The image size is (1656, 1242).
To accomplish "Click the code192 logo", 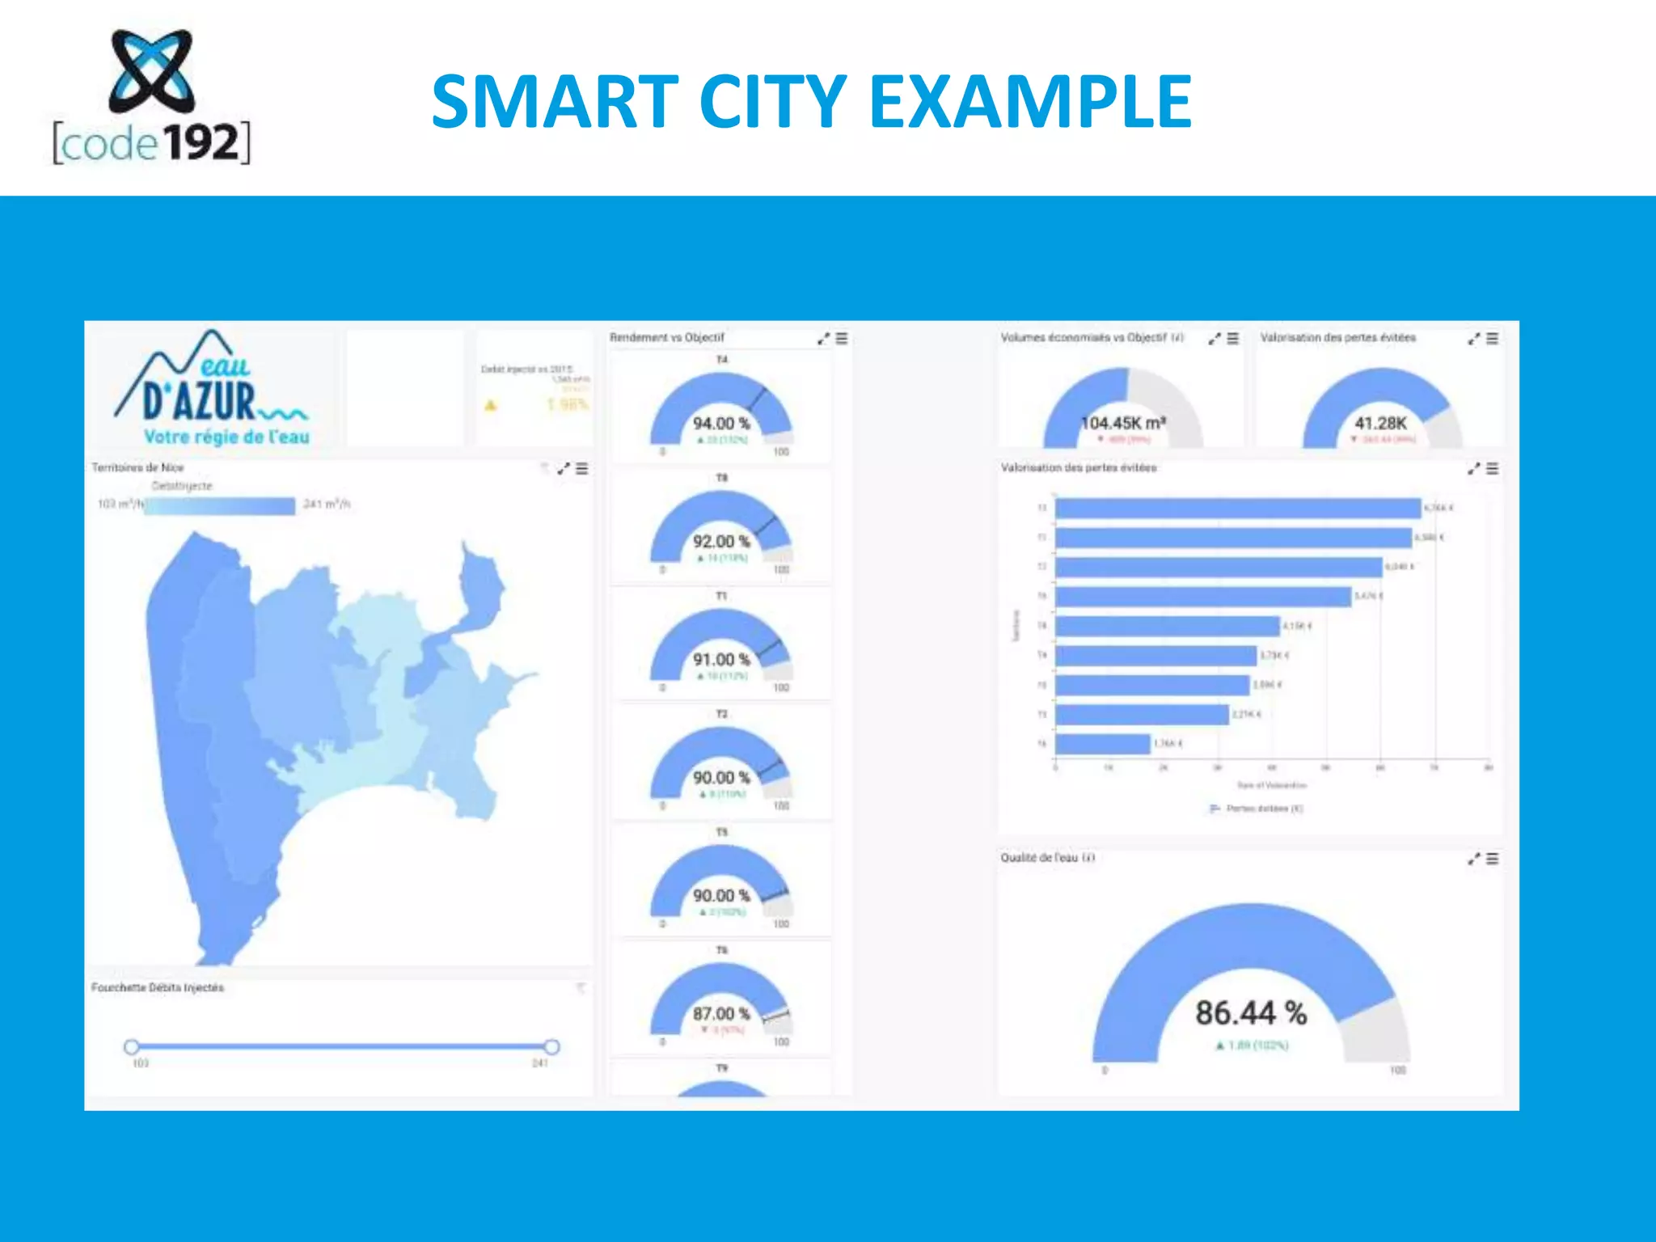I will click(x=151, y=97).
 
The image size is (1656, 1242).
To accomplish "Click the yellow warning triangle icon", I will click(x=490, y=404).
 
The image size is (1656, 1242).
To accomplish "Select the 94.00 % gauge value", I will click(x=721, y=423).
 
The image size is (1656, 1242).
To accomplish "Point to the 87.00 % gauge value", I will click(x=721, y=1013).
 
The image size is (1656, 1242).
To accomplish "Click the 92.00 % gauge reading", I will click(x=721, y=541).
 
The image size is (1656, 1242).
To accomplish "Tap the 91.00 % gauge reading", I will click(x=721, y=659).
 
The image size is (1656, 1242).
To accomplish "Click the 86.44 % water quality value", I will click(x=1250, y=1012).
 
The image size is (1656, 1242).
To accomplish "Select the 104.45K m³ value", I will click(x=1123, y=423).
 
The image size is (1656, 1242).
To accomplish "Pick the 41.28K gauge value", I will click(x=1380, y=423).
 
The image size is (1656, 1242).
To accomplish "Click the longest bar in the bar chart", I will click(x=1237, y=508).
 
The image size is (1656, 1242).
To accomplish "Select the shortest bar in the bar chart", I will click(x=1103, y=744).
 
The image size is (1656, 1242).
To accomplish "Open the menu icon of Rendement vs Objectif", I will click(x=842, y=338).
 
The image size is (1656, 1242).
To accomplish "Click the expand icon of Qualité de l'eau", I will click(x=1474, y=859).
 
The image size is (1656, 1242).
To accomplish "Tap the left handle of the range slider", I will click(x=132, y=1047).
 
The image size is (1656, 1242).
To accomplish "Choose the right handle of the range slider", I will click(x=551, y=1047).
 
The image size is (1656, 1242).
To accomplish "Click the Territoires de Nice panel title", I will click(x=137, y=467).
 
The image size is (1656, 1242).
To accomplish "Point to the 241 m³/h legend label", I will click(x=327, y=504).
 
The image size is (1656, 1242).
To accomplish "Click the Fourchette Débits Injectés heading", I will click(x=158, y=987).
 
